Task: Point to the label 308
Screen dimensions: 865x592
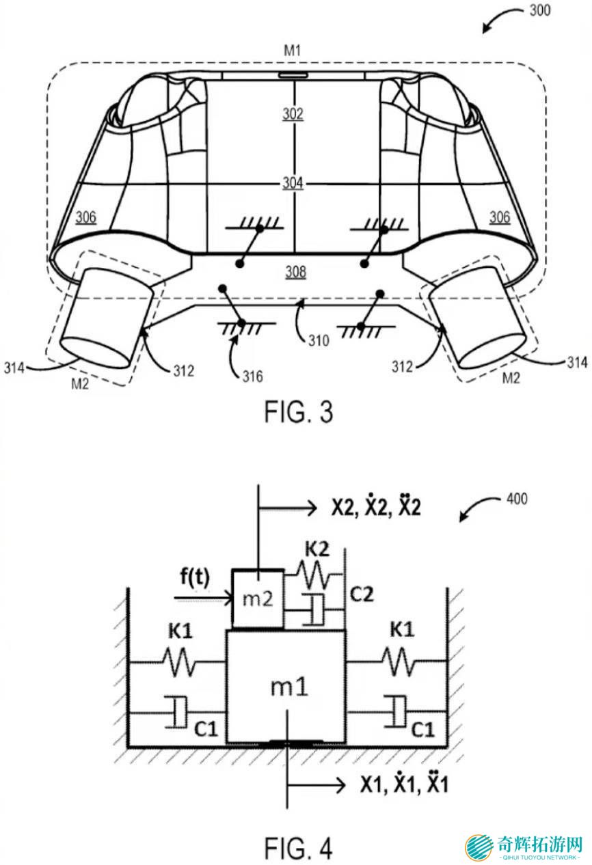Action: pos(295,272)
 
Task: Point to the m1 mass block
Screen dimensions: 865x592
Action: pos(286,687)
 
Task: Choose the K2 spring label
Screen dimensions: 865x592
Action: pos(317,549)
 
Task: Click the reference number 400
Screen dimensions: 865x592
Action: pos(517,499)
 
